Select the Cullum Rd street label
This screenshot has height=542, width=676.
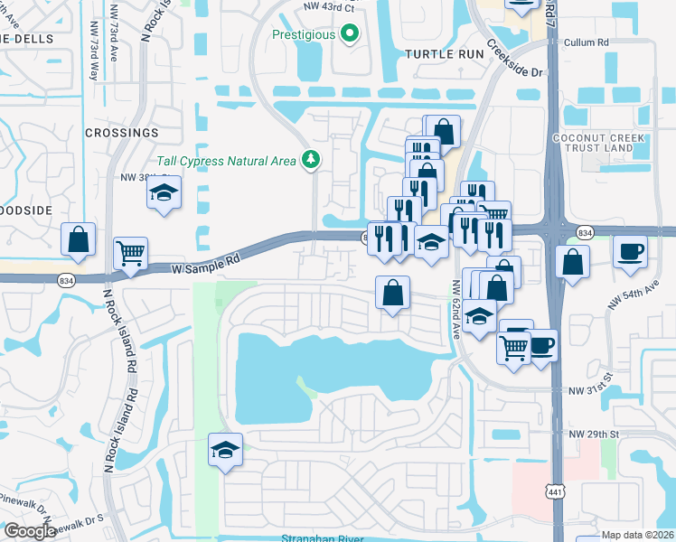(x=586, y=42)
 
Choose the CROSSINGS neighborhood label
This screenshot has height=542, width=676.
(x=121, y=133)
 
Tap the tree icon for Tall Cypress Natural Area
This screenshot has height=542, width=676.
(x=311, y=160)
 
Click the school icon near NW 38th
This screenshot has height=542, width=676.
(x=164, y=193)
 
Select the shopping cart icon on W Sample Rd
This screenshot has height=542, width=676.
(x=131, y=253)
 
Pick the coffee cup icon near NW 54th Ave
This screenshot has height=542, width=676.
(x=630, y=250)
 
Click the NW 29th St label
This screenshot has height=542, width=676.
(x=593, y=435)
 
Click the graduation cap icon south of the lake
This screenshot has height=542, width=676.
(x=225, y=449)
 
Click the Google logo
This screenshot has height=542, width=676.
(x=29, y=531)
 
